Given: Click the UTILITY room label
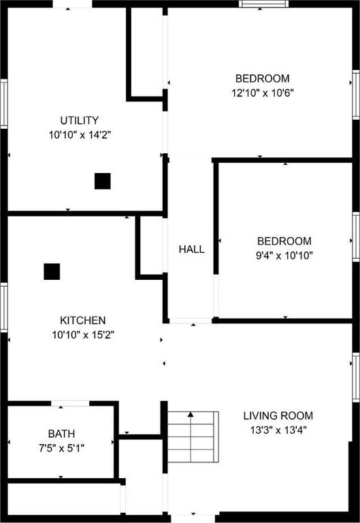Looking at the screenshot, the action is point(80,120).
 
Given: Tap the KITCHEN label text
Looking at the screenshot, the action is point(82,320).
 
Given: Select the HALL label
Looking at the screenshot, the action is point(192,249).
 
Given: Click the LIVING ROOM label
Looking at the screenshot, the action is point(278,415).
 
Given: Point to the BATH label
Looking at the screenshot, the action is point(61,434).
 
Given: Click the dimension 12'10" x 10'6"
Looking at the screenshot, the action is point(263,93).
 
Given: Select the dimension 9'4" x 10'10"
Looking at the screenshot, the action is point(284,255).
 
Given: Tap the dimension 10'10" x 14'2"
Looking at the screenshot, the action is point(80,135).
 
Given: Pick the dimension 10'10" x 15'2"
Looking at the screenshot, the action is point(83,334).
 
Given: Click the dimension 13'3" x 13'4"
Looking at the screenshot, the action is point(278,430).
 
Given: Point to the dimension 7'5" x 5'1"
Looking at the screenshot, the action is point(61,448).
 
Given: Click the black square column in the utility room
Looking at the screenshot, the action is point(103,181).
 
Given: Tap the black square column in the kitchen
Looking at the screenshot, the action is point(52,272).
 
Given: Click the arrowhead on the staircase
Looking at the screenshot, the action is point(191,415).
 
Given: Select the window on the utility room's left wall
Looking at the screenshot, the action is point(3,104).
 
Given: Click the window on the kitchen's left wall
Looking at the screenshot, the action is point(3,307).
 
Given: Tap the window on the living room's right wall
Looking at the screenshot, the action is point(356,377).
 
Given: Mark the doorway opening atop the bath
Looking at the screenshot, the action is point(70,404).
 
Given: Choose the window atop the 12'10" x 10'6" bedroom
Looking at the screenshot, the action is point(263,3).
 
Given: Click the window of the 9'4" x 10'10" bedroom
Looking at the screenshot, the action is point(356,236).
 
